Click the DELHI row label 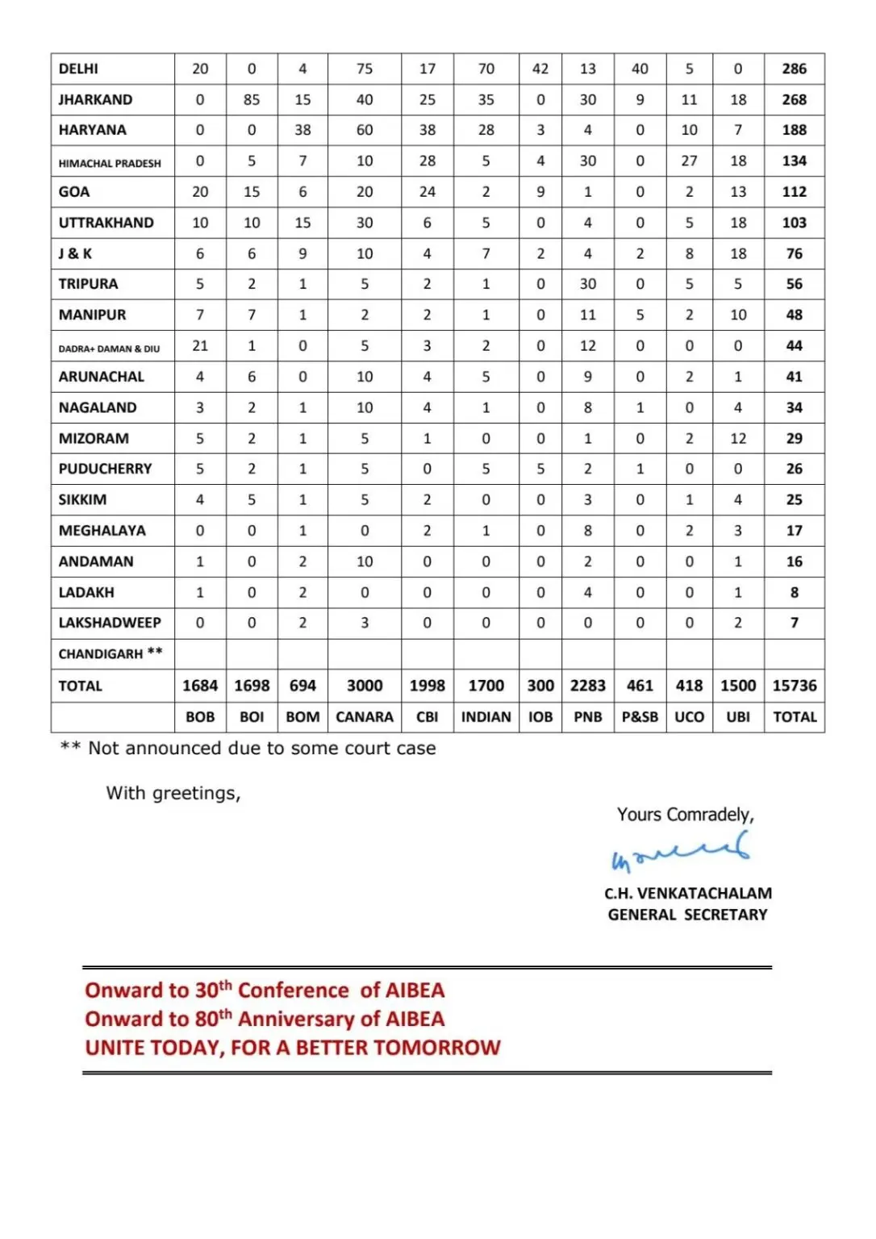[78, 69]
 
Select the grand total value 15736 [795, 686]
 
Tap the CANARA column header [365, 717]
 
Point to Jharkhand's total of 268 [795, 100]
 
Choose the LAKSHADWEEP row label [110, 623]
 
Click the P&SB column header [640, 717]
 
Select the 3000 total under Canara [365, 686]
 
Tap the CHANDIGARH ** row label [111, 653]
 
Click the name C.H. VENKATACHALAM [688, 894]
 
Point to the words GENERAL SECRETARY [688, 915]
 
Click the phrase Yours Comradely [685, 815]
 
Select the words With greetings [173, 794]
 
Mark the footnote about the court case [248, 749]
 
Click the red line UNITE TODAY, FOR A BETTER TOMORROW [293, 1048]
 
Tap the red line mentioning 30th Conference [265, 990]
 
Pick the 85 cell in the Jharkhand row [252, 100]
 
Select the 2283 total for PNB [587, 686]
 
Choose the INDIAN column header [486, 717]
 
